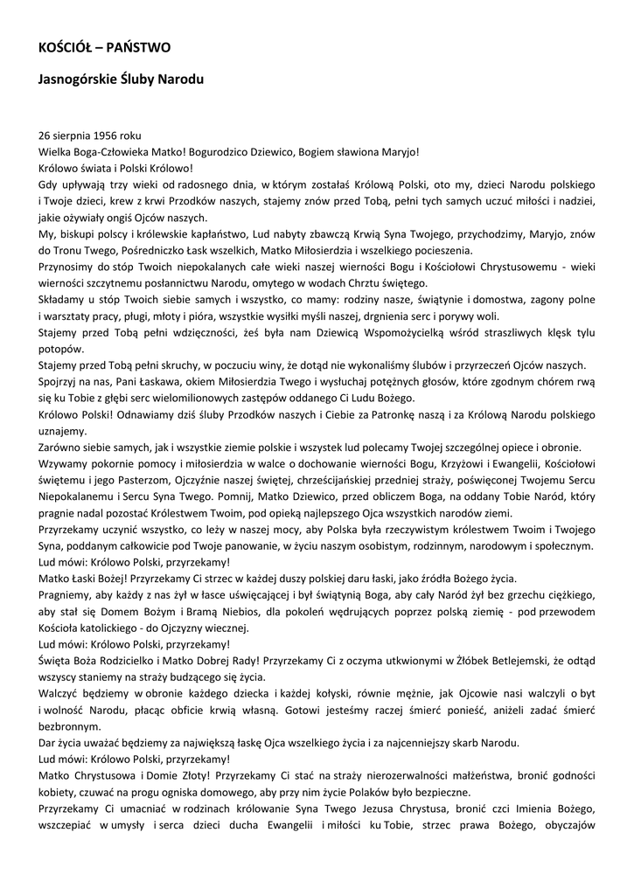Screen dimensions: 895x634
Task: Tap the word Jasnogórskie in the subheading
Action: point(80,80)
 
